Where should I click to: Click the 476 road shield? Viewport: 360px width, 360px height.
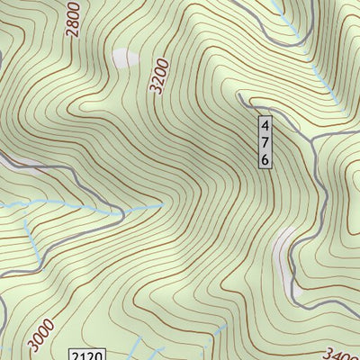click(x=265, y=142)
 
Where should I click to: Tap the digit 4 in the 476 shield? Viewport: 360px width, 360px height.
click(x=265, y=126)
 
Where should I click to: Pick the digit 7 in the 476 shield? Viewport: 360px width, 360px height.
click(x=265, y=142)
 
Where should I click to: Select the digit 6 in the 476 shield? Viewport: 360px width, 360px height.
click(x=265, y=158)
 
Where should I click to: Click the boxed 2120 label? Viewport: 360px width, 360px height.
click(x=87, y=354)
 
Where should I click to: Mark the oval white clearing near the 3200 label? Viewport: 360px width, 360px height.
click(x=125, y=58)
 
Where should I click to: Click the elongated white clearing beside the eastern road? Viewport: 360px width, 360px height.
click(x=286, y=256)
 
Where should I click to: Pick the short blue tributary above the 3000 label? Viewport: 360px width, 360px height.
click(x=31, y=238)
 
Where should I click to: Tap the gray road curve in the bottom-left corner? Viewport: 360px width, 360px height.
click(x=7, y=310)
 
